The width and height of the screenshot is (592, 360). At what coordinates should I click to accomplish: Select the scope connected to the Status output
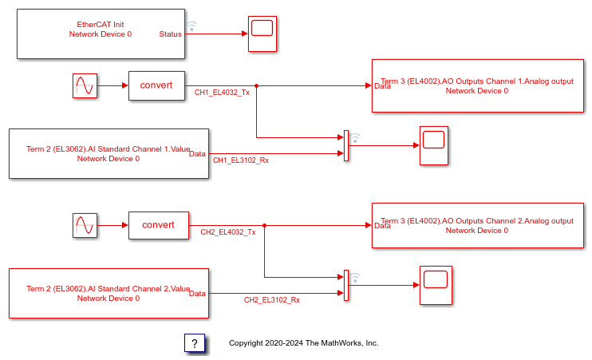pyautogui.click(x=262, y=34)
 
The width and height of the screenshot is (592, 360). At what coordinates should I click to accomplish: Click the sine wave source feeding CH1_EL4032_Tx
pyautogui.click(x=85, y=85)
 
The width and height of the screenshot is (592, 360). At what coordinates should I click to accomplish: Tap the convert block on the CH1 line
pyautogui.click(x=156, y=85)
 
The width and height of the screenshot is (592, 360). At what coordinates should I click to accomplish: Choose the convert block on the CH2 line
pyautogui.click(x=158, y=225)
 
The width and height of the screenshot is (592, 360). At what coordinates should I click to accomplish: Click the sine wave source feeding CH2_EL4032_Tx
pyautogui.click(x=85, y=226)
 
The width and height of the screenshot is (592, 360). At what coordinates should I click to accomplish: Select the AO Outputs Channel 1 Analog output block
pyautogui.click(x=477, y=85)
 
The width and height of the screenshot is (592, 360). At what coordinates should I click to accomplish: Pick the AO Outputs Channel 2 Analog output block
pyautogui.click(x=477, y=225)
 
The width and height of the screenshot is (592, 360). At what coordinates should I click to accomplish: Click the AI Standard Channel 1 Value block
pyautogui.click(x=109, y=153)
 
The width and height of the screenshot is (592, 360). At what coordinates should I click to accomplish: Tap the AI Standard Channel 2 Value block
pyautogui.click(x=109, y=293)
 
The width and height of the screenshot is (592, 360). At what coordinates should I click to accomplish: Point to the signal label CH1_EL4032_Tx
pyautogui.click(x=223, y=93)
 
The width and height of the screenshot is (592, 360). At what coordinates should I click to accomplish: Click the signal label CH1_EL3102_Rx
pyautogui.click(x=241, y=160)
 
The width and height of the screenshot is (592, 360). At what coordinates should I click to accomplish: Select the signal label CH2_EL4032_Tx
pyautogui.click(x=228, y=232)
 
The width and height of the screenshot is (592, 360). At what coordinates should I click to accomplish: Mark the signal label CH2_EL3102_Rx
pyautogui.click(x=272, y=300)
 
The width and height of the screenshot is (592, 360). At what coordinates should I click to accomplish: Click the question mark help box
pyautogui.click(x=195, y=343)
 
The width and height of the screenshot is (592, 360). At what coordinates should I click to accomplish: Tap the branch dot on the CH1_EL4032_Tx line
pyautogui.click(x=256, y=85)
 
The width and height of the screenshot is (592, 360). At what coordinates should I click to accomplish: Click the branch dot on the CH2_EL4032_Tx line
pyautogui.click(x=264, y=225)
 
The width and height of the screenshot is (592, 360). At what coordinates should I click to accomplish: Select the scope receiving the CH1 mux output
pyautogui.click(x=434, y=145)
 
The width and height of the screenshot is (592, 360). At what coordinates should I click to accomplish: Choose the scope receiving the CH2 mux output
pyautogui.click(x=436, y=285)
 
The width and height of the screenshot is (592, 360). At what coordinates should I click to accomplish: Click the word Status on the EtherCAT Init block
pyautogui.click(x=171, y=34)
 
